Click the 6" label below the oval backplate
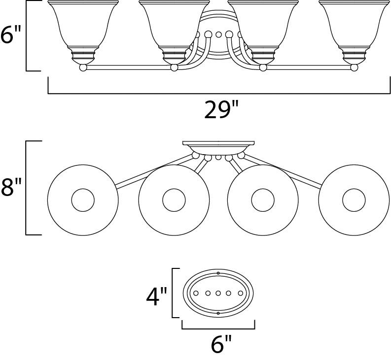pyautogui.click(x=221, y=345)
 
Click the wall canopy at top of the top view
pyautogui.click(x=218, y=147)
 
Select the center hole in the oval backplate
pyautogui.click(x=218, y=294)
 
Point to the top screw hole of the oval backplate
pyautogui.click(x=218, y=273)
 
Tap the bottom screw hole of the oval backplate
pyautogui.click(x=218, y=313)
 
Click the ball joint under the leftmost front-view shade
pyautogui.click(x=83, y=67)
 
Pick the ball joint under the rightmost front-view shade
pyautogui.click(x=354, y=67)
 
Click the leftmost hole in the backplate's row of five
pyautogui.click(x=196, y=294)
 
